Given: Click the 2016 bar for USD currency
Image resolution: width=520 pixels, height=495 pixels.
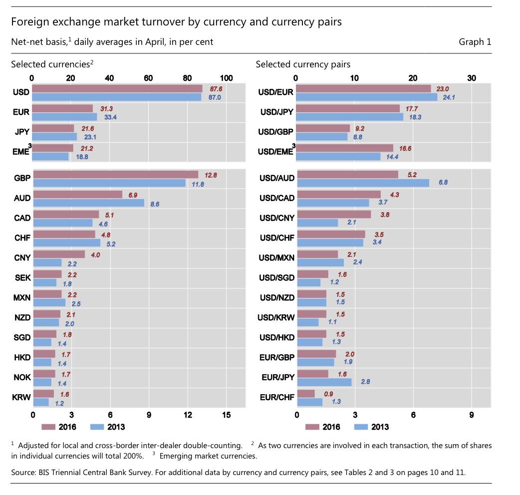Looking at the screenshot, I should (117, 88).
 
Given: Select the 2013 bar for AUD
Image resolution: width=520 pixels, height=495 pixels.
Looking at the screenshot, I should (88, 203).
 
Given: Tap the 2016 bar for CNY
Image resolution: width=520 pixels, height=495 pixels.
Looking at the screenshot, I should (59, 254).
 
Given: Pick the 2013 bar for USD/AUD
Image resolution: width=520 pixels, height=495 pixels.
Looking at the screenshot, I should (363, 183).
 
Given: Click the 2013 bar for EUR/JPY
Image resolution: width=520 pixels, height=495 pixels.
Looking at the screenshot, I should (324, 382).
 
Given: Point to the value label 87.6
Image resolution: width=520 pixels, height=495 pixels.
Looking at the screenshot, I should (216, 88).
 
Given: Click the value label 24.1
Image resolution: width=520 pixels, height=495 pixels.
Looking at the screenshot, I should (449, 97).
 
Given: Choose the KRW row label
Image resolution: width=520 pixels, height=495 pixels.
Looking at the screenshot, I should (22, 398).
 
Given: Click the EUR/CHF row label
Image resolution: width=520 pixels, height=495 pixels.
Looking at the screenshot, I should (277, 398).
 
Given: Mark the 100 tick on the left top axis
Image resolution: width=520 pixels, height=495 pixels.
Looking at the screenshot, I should (226, 78).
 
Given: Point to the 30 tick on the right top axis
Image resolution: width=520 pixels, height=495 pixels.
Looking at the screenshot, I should (472, 78).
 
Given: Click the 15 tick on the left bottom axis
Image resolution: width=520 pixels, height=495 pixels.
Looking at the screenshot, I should (226, 415).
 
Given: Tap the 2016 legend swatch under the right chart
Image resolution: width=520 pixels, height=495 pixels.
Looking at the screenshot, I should (312, 427).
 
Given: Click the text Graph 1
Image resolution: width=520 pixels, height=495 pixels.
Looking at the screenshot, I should (475, 42).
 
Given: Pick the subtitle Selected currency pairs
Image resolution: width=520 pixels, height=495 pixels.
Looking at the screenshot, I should (303, 64).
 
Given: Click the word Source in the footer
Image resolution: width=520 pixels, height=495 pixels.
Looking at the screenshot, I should (23, 473).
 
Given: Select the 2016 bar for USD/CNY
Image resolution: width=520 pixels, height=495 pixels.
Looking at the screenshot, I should (334, 214).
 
